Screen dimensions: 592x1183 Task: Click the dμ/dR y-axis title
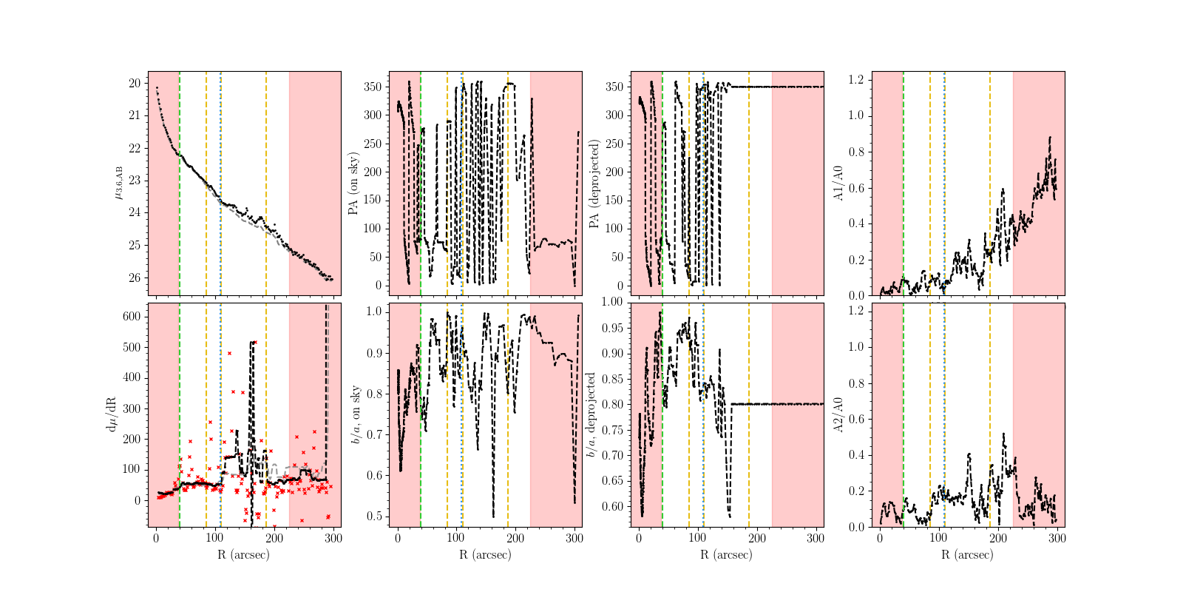pyautogui.click(x=112, y=415)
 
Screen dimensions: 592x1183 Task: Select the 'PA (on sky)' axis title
pyautogui.click(x=353, y=184)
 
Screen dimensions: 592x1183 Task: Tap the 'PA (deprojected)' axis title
pyautogui.click(x=594, y=184)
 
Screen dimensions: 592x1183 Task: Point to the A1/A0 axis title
pyautogui.click(x=838, y=184)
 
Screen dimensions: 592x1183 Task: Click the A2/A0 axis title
pyautogui.click(x=838, y=415)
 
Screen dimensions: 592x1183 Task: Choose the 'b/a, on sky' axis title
pyautogui.click(x=355, y=415)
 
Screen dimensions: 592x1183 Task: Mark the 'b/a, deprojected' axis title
pyautogui.click(x=591, y=415)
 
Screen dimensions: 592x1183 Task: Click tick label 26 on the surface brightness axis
pyautogui.click(x=134, y=278)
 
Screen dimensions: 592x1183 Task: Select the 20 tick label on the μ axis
pyautogui.click(x=134, y=83)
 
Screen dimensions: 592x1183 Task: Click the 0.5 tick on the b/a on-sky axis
pyautogui.click(x=375, y=516)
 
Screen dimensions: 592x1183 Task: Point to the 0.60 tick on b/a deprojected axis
pyautogui.click(x=613, y=507)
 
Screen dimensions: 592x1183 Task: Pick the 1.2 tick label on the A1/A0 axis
pyautogui.click(x=857, y=79)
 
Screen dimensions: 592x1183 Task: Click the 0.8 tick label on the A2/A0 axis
pyautogui.click(x=857, y=383)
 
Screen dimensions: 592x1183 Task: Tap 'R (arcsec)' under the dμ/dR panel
pyautogui.click(x=244, y=554)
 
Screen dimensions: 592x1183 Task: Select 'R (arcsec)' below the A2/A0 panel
pyautogui.click(x=968, y=554)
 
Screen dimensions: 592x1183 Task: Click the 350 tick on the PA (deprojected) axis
pyautogui.click(x=615, y=87)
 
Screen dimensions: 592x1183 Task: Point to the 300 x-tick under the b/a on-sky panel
pyautogui.click(x=575, y=539)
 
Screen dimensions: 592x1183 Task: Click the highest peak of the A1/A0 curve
pyautogui.click(x=1049, y=138)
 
